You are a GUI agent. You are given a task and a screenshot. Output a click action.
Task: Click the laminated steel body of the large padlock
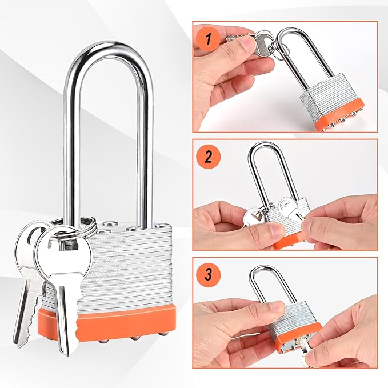pos(131,263)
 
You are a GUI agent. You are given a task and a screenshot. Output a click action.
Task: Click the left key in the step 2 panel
pos(253,218)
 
